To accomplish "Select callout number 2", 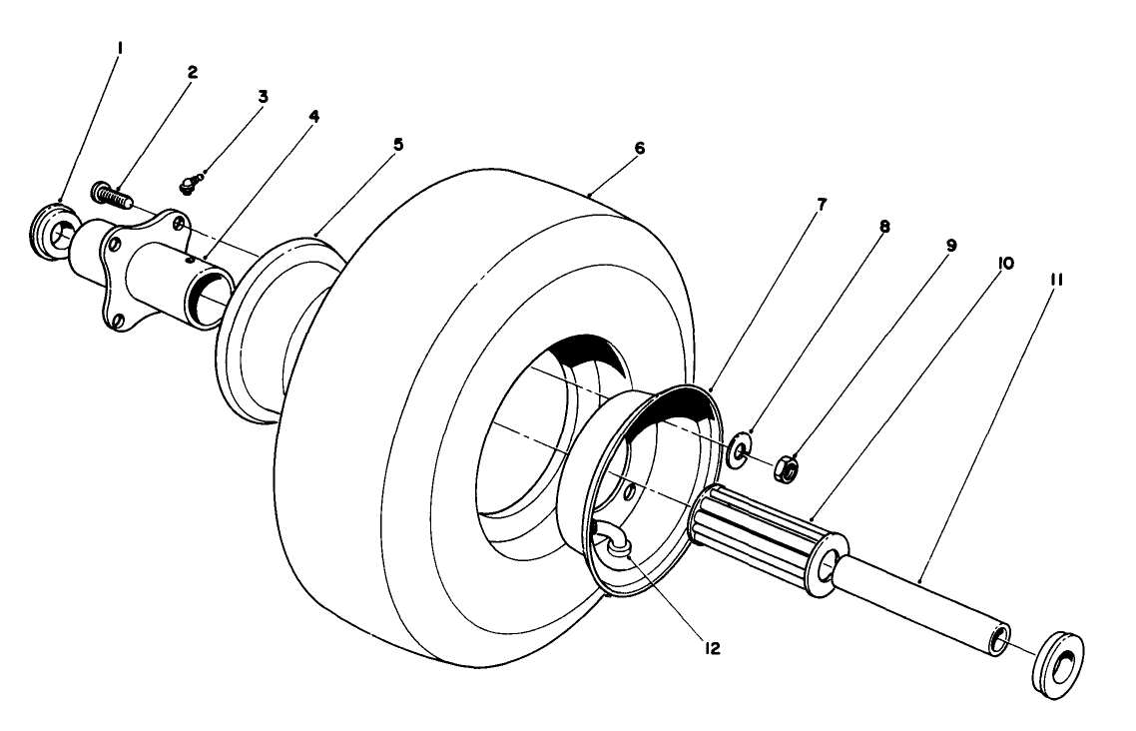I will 192,73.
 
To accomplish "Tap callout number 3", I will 263,96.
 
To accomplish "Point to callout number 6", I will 639,148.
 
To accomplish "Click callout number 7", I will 820,205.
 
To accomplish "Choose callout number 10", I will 1005,263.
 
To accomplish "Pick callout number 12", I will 711,648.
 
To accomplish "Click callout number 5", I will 398,145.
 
